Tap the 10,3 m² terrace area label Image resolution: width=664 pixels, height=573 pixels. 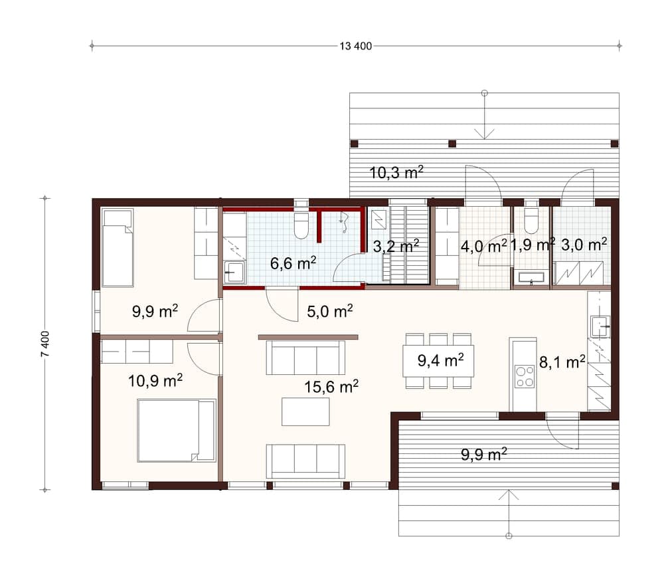click(396, 173)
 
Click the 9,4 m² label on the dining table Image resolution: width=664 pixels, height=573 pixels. click(440, 361)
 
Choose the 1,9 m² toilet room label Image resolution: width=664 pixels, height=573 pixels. click(532, 245)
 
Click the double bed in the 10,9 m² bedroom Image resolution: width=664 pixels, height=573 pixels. click(176, 430)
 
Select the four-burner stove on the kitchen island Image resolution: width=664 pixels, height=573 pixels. click(525, 376)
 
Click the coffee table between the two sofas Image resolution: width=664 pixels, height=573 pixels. click(305, 411)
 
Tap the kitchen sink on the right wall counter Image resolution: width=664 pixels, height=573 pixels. click(601, 326)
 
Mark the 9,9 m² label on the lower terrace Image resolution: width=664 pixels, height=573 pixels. click(484, 455)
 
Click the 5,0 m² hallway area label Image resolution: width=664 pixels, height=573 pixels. click(329, 310)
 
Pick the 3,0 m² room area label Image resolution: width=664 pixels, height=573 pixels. click(584, 245)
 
